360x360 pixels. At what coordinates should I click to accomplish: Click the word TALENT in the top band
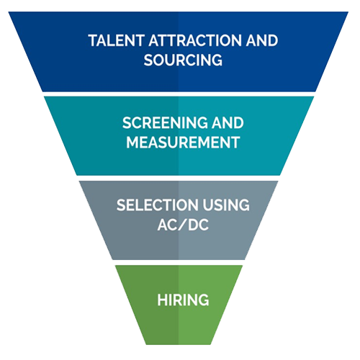pos(117,40)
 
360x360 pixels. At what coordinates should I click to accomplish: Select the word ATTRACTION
pos(194,40)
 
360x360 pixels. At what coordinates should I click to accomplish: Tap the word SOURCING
pos(183,60)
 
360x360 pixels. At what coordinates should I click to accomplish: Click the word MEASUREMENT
pos(183,143)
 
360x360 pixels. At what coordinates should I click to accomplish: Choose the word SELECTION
pos(158,205)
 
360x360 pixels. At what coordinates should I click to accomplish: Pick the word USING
pos(226,205)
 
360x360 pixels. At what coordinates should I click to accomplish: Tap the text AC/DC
pos(183,225)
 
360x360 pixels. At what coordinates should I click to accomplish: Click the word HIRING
pos(183,300)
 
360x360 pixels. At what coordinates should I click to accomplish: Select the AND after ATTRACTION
pos(261,40)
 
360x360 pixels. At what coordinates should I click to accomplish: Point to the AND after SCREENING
pos(228,123)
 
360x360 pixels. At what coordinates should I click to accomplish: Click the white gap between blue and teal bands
pos(179,94)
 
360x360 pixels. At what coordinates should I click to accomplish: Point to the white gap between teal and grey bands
pos(179,178)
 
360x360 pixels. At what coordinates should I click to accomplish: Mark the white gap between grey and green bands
pos(179,262)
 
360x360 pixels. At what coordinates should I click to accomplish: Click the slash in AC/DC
pos(184,225)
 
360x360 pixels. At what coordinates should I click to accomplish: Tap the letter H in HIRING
pos(162,300)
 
